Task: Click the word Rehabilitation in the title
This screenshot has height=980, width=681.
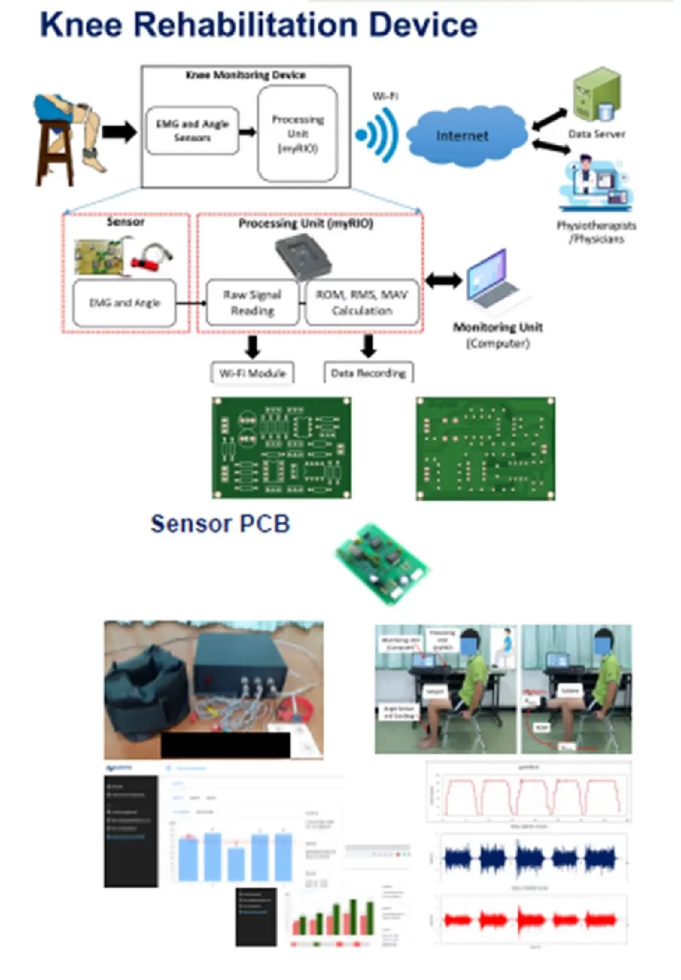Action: (x=245, y=26)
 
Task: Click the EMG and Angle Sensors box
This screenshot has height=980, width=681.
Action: (x=192, y=131)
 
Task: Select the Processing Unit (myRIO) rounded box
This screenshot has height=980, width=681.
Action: (x=297, y=134)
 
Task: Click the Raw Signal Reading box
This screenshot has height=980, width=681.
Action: (x=252, y=303)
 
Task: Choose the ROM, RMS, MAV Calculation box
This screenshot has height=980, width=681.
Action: (x=362, y=303)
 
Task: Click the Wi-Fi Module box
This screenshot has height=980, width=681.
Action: (x=252, y=373)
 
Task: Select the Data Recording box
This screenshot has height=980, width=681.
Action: (x=368, y=373)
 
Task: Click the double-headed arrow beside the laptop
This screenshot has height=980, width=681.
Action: (x=443, y=280)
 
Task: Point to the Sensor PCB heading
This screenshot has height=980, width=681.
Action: (x=220, y=523)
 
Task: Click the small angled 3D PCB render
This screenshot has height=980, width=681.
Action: (x=382, y=563)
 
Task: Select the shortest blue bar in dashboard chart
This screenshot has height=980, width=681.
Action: (x=236, y=864)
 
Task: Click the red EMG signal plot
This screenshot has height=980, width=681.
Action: (x=531, y=919)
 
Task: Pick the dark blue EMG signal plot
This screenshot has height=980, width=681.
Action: (x=531, y=858)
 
